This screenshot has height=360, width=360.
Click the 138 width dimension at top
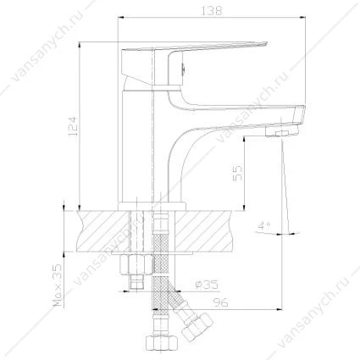[212, 11]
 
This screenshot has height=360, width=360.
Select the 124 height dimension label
[72, 126]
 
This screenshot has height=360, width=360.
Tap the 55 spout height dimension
[237, 173]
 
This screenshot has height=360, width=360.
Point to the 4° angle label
[263, 226]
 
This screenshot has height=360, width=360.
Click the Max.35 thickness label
[57, 285]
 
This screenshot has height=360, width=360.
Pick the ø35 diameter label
[208, 285]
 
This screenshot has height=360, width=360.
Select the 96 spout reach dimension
[220, 303]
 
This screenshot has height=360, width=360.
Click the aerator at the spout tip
[281, 131]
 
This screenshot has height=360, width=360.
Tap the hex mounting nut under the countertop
[136, 264]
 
